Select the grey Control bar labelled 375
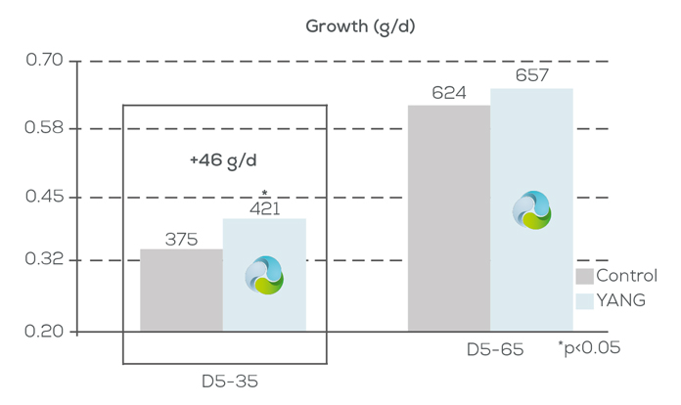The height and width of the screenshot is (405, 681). pos(181,291)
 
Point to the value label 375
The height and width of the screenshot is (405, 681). pos(181,239)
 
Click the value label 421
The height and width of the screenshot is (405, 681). pos(264,207)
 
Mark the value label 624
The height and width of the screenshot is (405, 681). pos(448,94)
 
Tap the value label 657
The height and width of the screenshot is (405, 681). pos(531,76)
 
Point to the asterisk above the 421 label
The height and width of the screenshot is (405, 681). pos(264,193)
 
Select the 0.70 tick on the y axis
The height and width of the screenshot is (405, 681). pos(44,62)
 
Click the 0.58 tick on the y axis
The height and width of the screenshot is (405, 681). pos(44,128)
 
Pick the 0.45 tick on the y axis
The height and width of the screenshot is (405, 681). pos(44,197)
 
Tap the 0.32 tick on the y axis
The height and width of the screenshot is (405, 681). pos(44,260)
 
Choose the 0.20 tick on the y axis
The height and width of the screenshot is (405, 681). pos(44,332)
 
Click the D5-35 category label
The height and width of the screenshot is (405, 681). pos(223,380)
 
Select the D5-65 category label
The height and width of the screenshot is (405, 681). pos(489,348)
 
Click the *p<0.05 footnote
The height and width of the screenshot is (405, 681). pos(589,347)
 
